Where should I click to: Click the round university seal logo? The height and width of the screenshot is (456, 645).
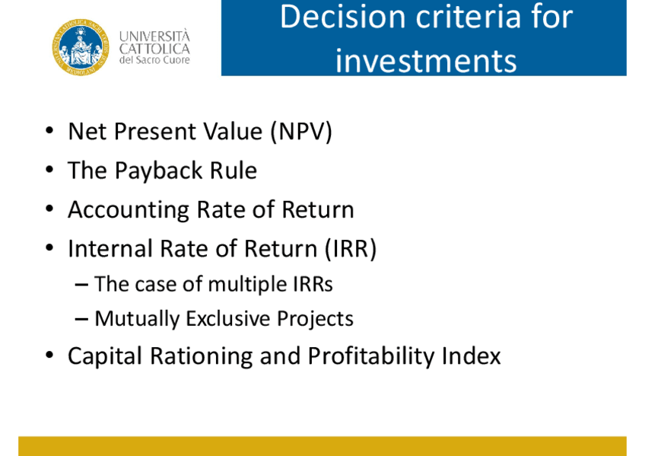pos(81,47)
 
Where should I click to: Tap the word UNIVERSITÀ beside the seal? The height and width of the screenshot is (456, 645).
pos(154,36)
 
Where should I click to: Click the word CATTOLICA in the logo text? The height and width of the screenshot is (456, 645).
pos(154,49)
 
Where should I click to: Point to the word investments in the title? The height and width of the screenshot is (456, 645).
pos(426,62)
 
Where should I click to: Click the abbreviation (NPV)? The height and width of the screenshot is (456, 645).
pos(301,132)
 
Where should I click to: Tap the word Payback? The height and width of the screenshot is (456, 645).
pos(159,171)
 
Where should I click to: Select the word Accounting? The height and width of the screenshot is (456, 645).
pos(129,210)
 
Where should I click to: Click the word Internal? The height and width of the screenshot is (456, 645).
pos(110,249)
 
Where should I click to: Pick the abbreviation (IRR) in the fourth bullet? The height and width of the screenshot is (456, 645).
pos(351,249)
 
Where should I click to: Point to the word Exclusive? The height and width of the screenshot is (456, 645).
pos(228,318)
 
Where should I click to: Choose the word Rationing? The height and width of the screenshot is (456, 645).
pos(202,356)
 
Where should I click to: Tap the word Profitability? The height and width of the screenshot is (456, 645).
pos(371,356)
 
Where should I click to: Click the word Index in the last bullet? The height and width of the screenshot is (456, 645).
pos(472,356)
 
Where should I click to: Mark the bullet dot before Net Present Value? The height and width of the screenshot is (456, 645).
pos(49,131)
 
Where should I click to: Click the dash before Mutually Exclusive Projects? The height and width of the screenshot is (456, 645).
pos(81,320)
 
